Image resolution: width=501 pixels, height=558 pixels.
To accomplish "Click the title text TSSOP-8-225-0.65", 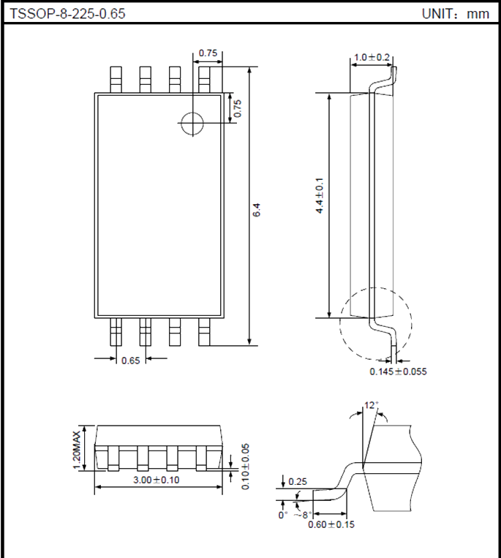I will click(62, 13).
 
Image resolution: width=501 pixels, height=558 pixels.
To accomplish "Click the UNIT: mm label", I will click(455, 13).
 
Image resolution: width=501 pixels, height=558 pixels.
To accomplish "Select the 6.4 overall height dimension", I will click(256, 209).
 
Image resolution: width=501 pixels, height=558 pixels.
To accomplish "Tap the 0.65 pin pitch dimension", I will click(131, 360).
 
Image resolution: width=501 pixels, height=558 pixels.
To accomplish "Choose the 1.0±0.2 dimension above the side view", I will click(372, 57).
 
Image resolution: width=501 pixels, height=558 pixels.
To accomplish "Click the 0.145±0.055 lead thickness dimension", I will click(398, 372).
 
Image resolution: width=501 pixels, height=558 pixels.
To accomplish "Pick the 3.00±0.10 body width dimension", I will click(157, 479).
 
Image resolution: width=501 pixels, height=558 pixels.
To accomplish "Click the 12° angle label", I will click(372, 404).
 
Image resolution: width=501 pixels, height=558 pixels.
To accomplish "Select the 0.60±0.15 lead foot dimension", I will click(331, 524).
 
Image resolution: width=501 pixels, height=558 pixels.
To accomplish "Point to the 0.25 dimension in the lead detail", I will click(298, 481).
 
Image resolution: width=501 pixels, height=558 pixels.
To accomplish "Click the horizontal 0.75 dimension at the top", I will click(208, 53).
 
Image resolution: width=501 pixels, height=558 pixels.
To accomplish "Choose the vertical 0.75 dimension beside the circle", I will click(236, 108).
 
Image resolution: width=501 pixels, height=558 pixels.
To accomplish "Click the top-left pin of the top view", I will click(116, 79).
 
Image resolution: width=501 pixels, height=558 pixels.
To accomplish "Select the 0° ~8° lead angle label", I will click(298, 515).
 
